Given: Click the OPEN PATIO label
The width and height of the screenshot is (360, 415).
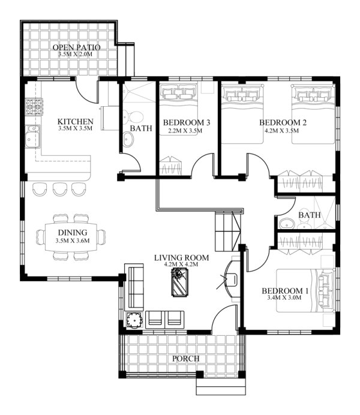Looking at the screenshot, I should pos(76,47).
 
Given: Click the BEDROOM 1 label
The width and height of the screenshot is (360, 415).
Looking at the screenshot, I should pos(286,291).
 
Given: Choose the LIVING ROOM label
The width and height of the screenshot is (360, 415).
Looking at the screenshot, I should pos(181,258).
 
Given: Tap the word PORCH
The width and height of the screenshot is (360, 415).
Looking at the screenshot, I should pos(185,359).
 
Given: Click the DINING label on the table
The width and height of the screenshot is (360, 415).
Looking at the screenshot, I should pos(73,233).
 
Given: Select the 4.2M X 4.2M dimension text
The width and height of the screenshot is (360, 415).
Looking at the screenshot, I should pos(181,266).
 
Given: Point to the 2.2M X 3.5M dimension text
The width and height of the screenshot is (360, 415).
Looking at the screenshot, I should pos(186,131).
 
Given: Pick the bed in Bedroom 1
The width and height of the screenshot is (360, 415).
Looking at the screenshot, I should pos(306,291).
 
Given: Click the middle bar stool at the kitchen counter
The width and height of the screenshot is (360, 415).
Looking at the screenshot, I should pos(59,189).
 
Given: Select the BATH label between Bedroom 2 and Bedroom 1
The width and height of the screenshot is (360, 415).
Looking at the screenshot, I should pos(309,215).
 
